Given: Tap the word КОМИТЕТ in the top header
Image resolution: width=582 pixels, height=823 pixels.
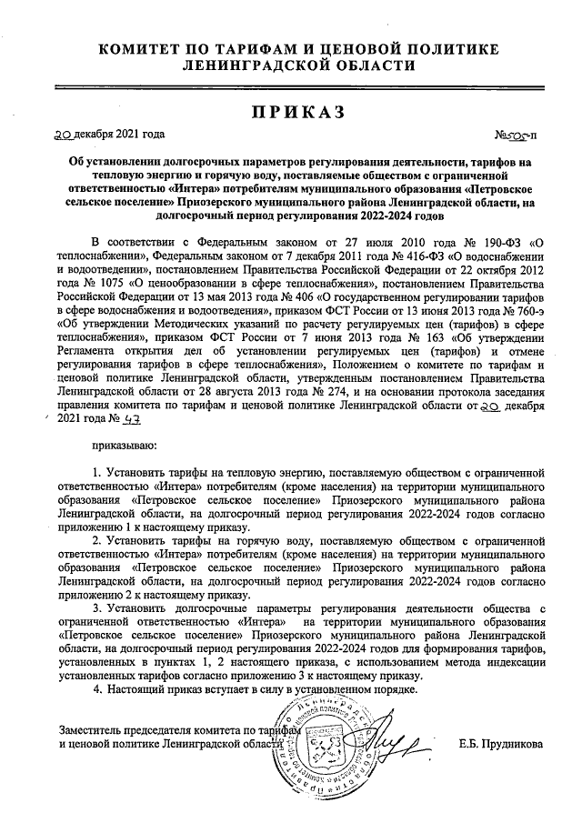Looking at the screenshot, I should (x=142, y=48).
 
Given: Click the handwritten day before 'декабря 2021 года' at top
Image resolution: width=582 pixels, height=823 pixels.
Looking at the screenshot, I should (x=63, y=135).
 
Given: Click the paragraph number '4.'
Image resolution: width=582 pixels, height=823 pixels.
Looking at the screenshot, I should (x=99, y=690).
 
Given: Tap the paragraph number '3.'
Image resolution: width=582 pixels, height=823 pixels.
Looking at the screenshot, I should (x=99, y=607).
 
